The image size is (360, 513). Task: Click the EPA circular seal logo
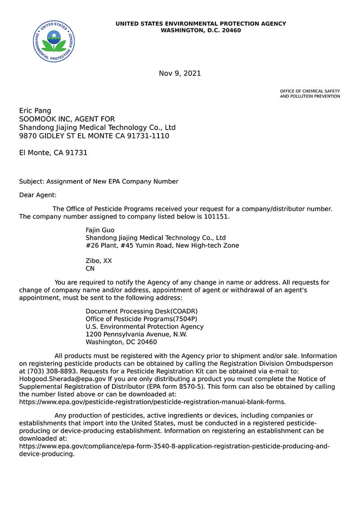[54, 41]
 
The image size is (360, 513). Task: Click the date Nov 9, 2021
[180, 73]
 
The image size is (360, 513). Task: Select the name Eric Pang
[35, 111]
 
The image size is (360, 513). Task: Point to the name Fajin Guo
[100, 230]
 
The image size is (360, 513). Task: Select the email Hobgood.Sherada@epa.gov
[63, 379]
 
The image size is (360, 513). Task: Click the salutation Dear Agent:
[38, 195]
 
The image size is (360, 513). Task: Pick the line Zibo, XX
[99, 261]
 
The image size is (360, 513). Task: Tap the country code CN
[90, 268]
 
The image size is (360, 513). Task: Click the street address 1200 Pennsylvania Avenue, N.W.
[136, 334]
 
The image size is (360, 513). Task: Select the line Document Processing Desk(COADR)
[141, 311]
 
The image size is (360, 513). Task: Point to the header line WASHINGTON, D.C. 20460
[201, 31]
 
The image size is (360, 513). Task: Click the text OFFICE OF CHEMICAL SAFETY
[310, 91]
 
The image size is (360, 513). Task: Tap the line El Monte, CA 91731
[53, 153]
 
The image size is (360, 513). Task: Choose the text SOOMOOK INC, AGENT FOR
[67, 119]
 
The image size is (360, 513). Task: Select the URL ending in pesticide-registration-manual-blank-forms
[152, 402]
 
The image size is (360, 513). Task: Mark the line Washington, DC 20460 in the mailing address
[121, 342]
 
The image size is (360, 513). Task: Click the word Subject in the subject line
[31, 181]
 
